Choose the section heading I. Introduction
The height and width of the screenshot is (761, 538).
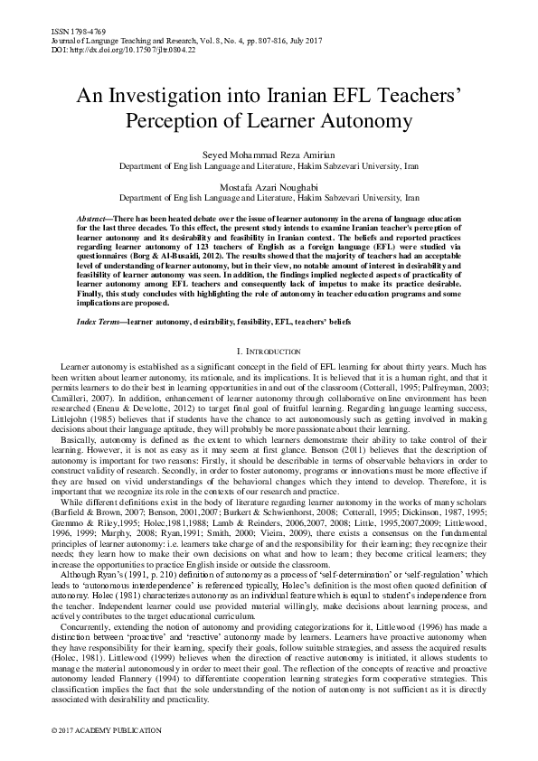click(269, 350)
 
